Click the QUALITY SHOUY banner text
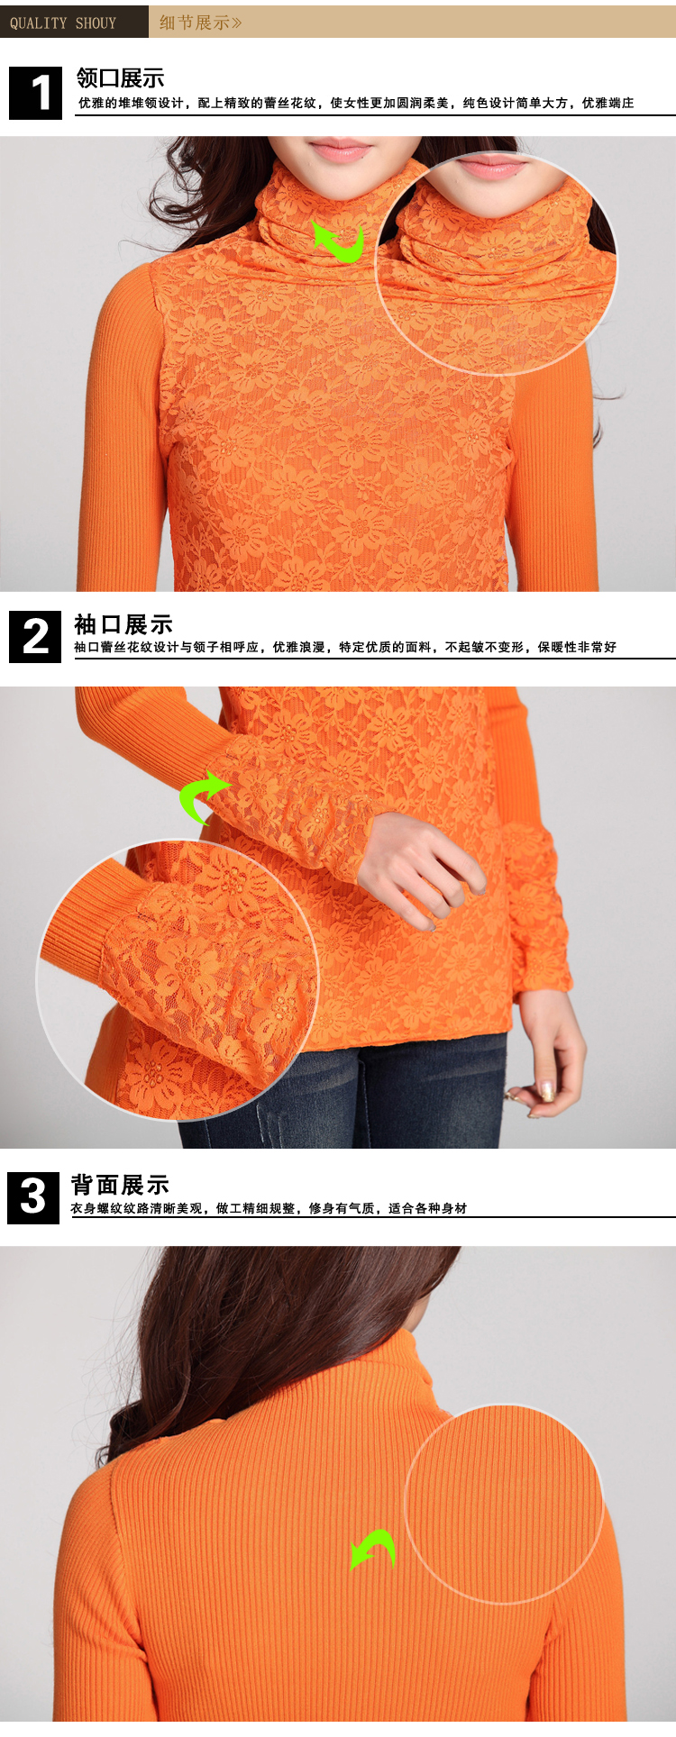63,23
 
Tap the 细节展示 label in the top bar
200,23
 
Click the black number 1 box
36,93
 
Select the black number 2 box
35,636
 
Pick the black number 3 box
33,1197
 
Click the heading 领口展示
120,78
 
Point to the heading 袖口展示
123,624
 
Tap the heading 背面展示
120,1185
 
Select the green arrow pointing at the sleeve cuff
203,796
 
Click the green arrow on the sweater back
373,1549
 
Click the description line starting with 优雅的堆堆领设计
356,104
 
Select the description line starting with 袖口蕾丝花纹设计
345,648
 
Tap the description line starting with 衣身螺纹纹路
269,1209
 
